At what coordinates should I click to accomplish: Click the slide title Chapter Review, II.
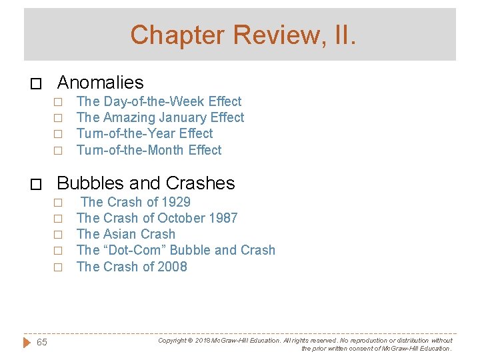tap(243, 34)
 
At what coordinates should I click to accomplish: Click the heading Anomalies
tap(101, 83)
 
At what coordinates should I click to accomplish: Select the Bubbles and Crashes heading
tap(146, 183)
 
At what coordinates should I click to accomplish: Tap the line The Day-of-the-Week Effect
tap(159, 101)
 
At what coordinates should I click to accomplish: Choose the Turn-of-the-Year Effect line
tap(145, 133)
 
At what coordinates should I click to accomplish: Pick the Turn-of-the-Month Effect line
tap(149, 150)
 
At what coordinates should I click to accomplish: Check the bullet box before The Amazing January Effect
tap(58, 119)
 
